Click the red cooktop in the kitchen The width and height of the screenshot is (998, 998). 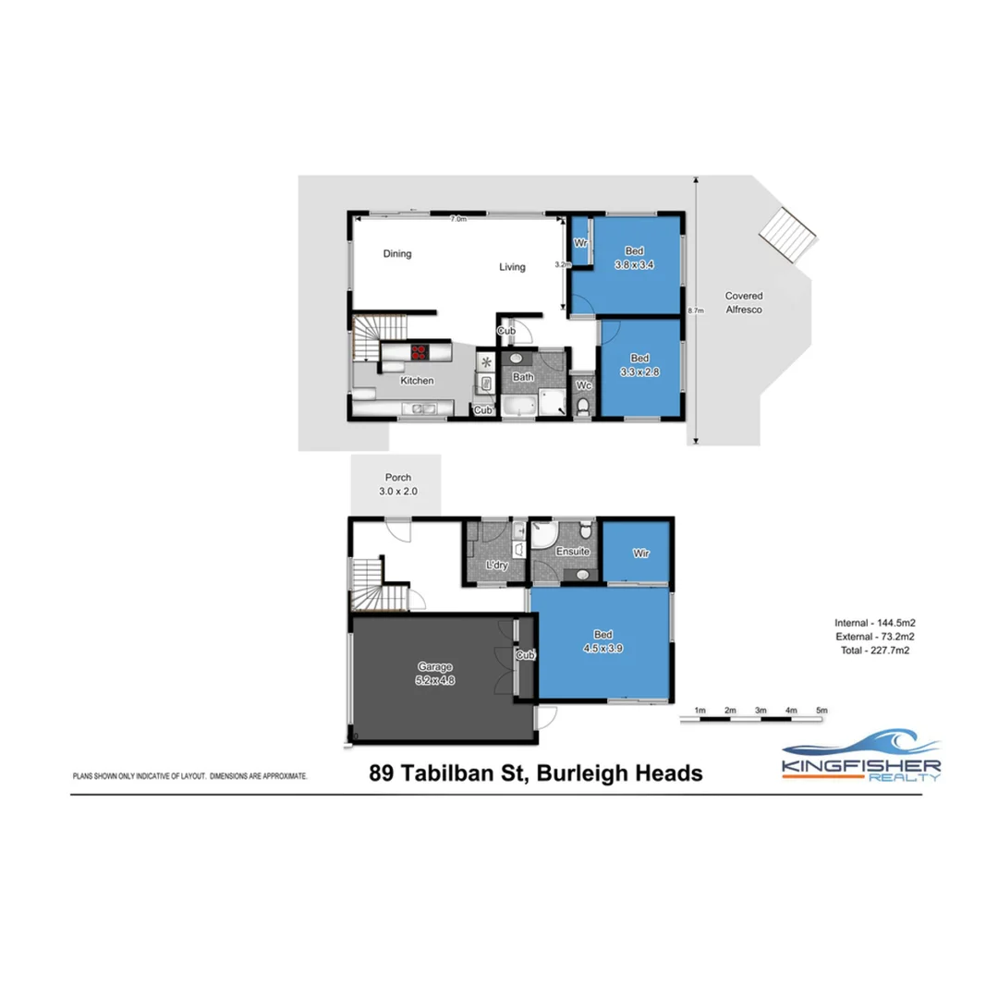(419, 351)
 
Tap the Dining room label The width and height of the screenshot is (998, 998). (397, 253)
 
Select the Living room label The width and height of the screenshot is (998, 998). (512, 267)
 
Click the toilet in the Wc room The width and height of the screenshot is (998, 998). (581, 408)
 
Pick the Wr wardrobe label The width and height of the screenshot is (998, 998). (581, 243)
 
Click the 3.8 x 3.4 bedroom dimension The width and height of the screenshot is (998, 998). (634, 263)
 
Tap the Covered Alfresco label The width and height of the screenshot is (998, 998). (744, 303)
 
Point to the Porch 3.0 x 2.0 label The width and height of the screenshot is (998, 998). (397, 484)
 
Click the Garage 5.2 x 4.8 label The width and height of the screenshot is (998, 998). (436, 674)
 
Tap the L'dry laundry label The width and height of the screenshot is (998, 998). (497, 565)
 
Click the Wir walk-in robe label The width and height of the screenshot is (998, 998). (641, 553)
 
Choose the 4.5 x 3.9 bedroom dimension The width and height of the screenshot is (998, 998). (602, 647)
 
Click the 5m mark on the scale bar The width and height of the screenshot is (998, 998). (822, 710)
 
